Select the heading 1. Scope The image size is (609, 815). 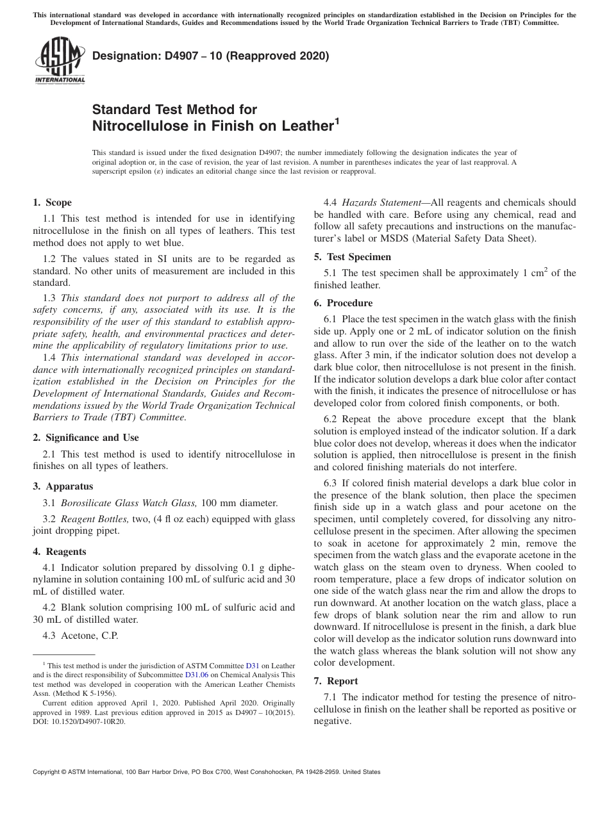[x=52, y=203]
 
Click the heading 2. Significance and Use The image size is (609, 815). [x=86, y=438]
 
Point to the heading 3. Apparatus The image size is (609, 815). [x=63, y=486]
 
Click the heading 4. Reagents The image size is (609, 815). [x=60, y=552]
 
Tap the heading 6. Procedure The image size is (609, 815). [x=343, y=303]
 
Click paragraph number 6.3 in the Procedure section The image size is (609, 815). [x=331, y=482]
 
